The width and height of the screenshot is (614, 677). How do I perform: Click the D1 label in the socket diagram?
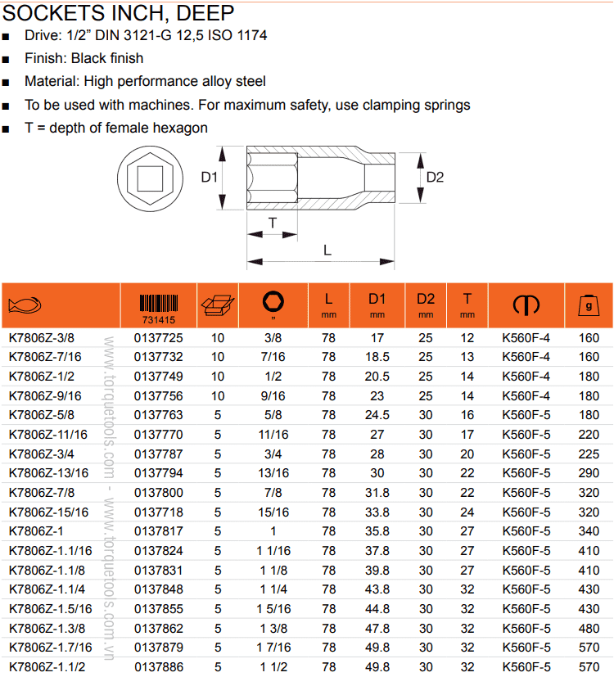coord(209,178)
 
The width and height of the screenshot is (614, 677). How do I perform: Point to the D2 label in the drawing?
coord(436,177)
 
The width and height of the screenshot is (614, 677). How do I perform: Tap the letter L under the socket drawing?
coord(327,250)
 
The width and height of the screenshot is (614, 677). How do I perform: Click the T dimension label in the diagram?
coord(273,222)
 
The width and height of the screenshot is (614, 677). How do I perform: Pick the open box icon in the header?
coord(217,305)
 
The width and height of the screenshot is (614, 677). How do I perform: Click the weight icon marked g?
coord(588,305)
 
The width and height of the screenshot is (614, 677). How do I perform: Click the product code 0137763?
coord(158,415)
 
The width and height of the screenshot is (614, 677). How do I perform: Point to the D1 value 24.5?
coord(377,415)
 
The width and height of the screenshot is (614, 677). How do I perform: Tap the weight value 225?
coord(589,454)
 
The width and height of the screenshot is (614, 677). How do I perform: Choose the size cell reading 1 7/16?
coord(274,648)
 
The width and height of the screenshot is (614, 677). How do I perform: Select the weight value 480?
coord(589,629)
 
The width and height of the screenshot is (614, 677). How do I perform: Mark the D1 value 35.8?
coord(377,531)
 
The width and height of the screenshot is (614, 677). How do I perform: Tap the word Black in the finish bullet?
coord(90,58)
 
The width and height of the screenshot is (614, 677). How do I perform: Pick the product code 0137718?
coord(158,512)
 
